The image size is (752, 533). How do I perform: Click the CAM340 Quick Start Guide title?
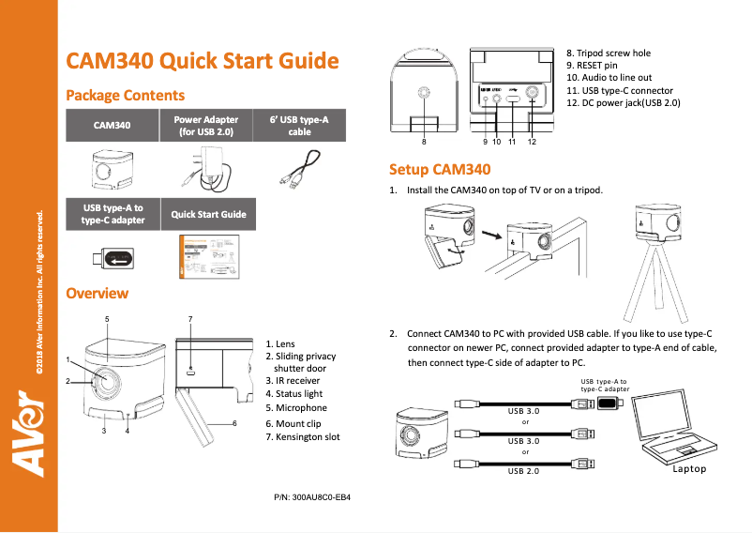click(202, 61)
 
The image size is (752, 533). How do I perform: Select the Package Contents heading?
click(125, 96)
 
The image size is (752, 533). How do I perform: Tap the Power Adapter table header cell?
click(206, 126)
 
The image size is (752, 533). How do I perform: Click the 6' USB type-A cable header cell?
click(299, 126)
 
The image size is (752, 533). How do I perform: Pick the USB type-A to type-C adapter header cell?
click(112, 214)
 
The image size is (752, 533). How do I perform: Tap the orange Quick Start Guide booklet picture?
click(207, 256)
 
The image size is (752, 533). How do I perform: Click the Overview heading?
click(97, 294)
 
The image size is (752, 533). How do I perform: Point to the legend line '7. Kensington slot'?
click(303, 437)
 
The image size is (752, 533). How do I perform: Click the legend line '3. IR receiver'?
click(293, 381)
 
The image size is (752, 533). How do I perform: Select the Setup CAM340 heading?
click(440, 170)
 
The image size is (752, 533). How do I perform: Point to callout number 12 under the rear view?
click(532, 142)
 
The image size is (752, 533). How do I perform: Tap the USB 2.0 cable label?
click(523, 470)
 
